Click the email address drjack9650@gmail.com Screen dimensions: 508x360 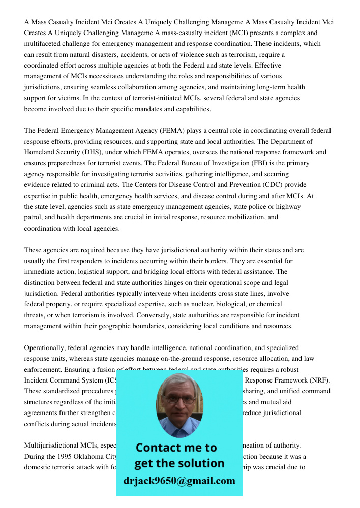(179, 481)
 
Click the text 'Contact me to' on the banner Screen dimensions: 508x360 (176, 448)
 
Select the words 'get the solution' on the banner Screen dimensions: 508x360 (179, 463)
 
